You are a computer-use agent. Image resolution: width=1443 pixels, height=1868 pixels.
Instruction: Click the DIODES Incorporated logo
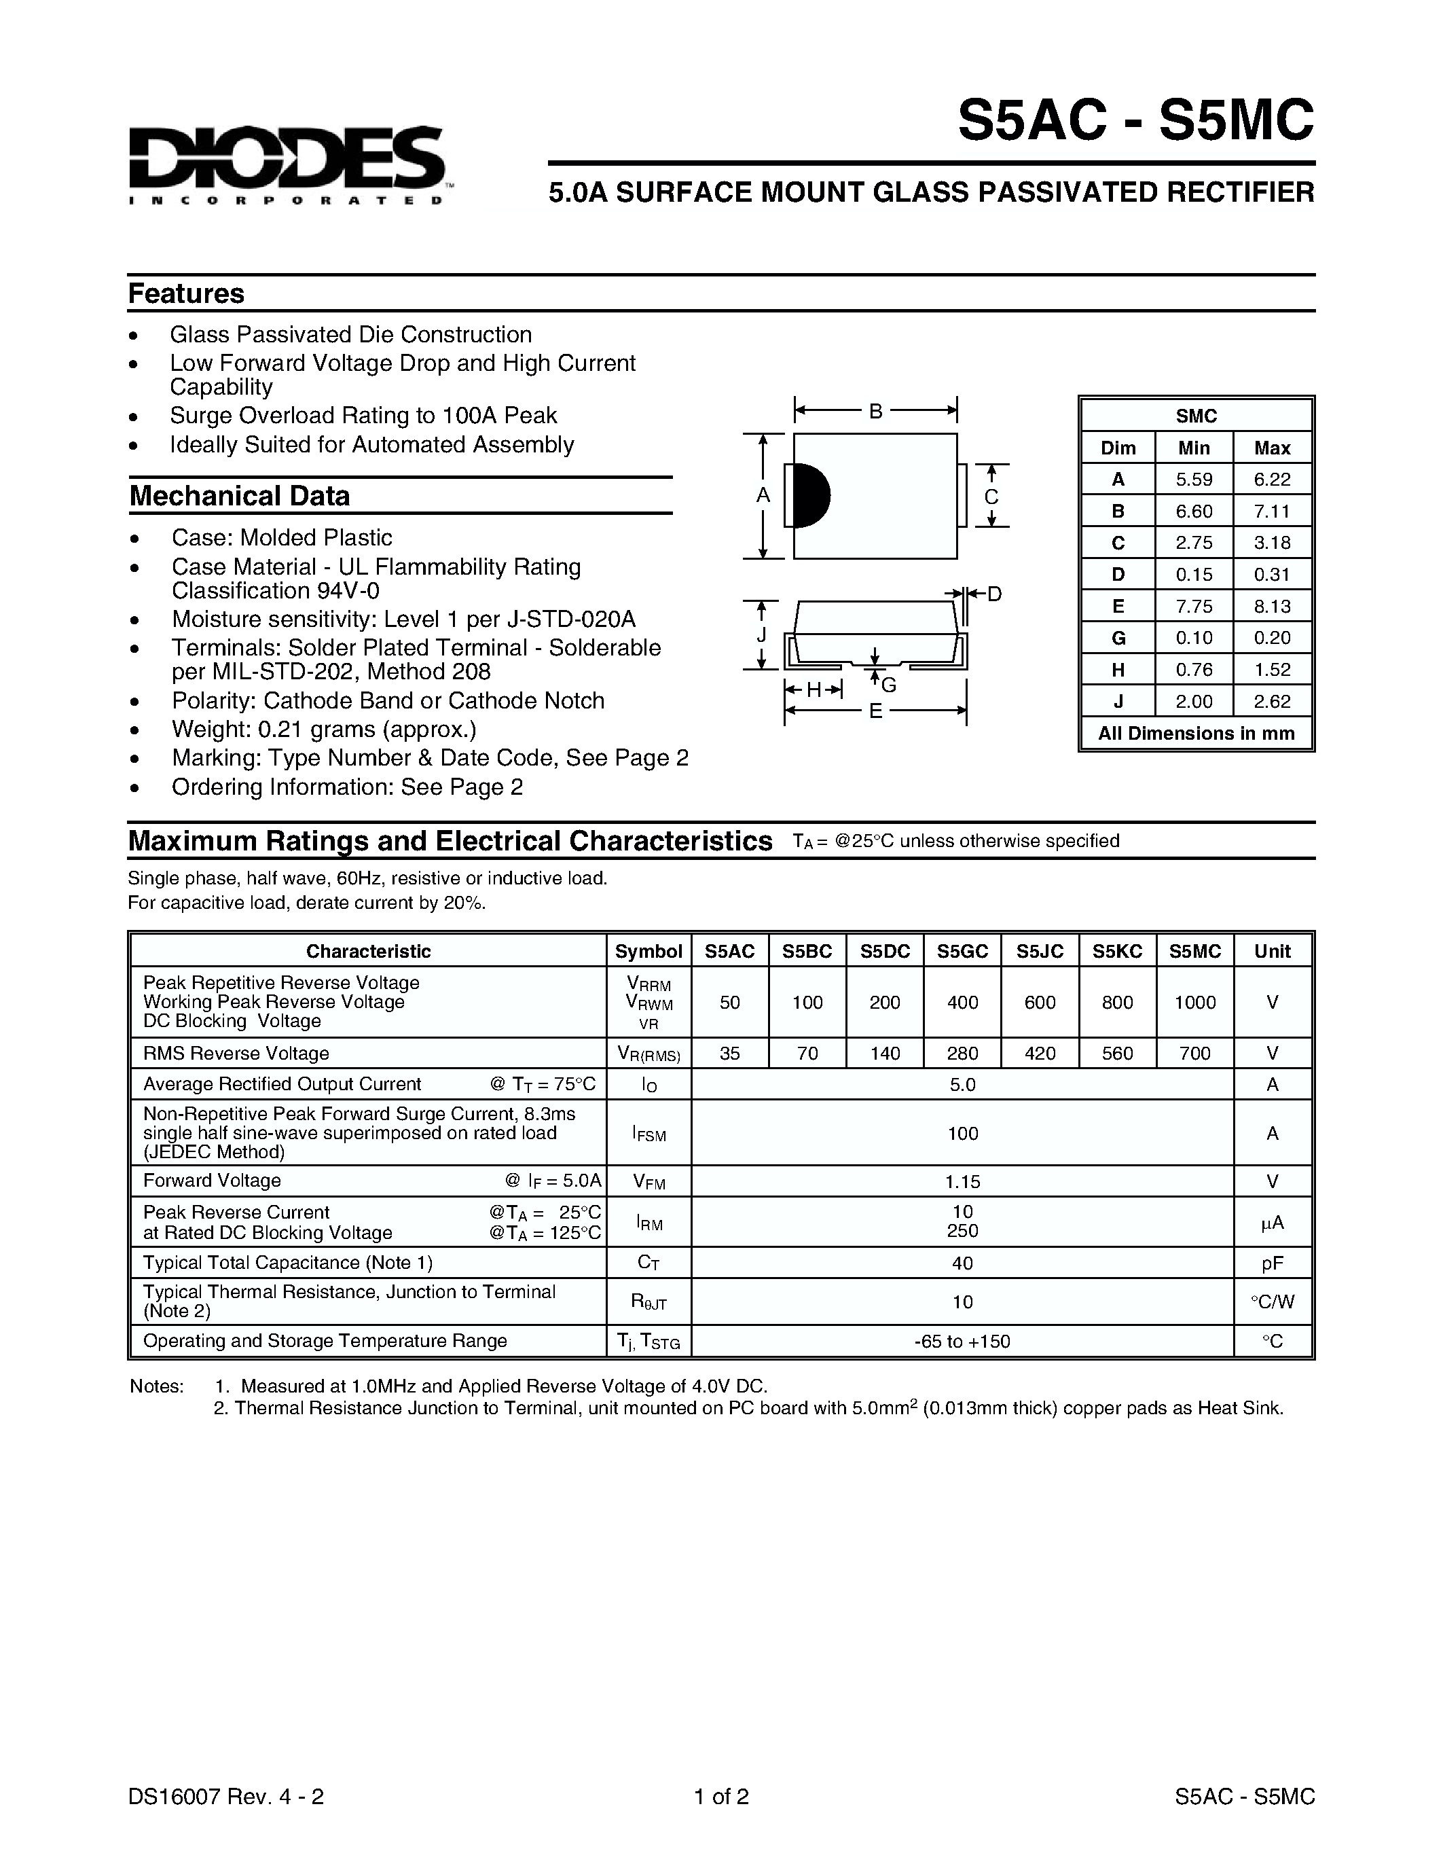click(287, 162)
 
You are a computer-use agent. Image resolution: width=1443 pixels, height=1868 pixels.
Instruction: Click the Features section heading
click(185, 293)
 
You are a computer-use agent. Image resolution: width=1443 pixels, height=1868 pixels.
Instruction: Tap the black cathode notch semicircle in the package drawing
click(810, 496)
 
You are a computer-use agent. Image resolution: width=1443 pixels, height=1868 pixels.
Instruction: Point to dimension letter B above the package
click(875, 412)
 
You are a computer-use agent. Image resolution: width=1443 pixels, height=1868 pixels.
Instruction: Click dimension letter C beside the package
click(991, 497)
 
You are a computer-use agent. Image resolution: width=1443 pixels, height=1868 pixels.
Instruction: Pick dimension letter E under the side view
click(875, 711)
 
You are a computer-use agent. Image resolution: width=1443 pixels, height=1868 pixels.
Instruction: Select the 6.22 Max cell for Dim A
click(1272, 480)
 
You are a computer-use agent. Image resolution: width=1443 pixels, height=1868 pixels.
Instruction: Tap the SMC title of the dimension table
click(1196, 416)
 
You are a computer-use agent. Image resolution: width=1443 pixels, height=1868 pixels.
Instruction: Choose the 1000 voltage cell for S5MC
click(1194, 1003)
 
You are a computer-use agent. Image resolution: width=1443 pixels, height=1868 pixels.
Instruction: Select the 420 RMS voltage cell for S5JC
click(1040, 1054)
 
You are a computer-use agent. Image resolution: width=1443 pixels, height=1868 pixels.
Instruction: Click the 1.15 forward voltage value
click(963, 1181)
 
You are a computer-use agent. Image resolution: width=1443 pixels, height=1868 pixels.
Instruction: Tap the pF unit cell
click(1272, 1263)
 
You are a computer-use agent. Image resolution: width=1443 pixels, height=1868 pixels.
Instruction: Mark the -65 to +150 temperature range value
click(963, 1341)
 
